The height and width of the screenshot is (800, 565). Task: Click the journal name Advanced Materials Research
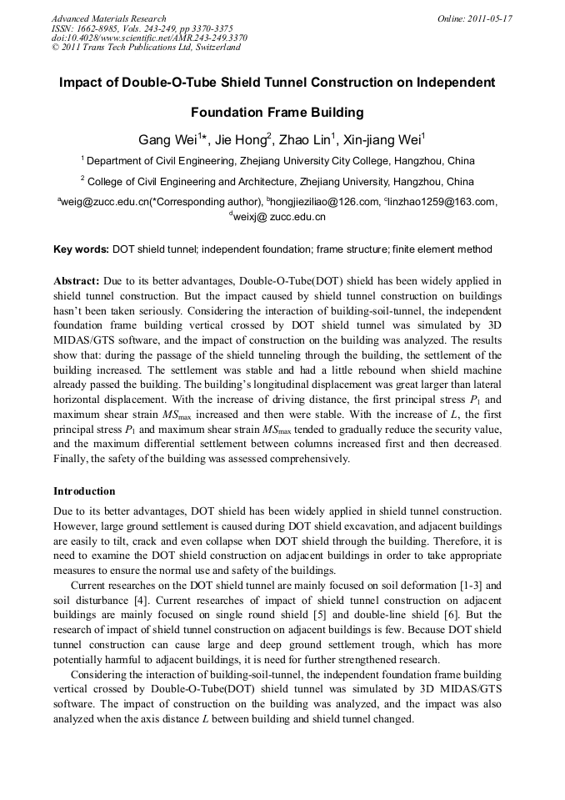click(x=108, y=18)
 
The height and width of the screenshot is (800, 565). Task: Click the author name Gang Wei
click(x=167, y=138)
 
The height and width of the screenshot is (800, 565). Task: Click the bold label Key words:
click(x=81, y=249)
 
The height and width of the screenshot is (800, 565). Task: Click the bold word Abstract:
click(x=77, y=281)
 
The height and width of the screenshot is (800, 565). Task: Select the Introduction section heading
click(x=84, y=491)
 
